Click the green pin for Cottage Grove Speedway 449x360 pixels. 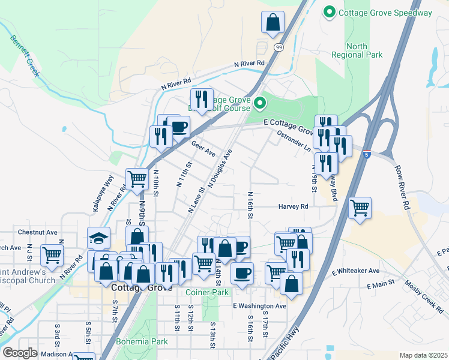tap(330, 13)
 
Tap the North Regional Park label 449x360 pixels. tap(357, 50)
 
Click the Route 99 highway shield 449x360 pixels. tap(279, 47)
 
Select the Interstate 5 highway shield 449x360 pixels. tap(366, 155)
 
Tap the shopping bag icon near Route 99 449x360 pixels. tap(273, 22)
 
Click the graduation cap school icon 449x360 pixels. tap(98, 238)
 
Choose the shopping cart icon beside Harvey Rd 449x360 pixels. tap(360, 208)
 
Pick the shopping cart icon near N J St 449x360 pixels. tap(52, 255)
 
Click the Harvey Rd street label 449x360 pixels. tap(293, 206)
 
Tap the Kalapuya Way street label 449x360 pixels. tap(103, 193)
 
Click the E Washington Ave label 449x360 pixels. tap(260, 306)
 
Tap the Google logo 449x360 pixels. tap(20, 353)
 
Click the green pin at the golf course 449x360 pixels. tap(260, 104)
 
